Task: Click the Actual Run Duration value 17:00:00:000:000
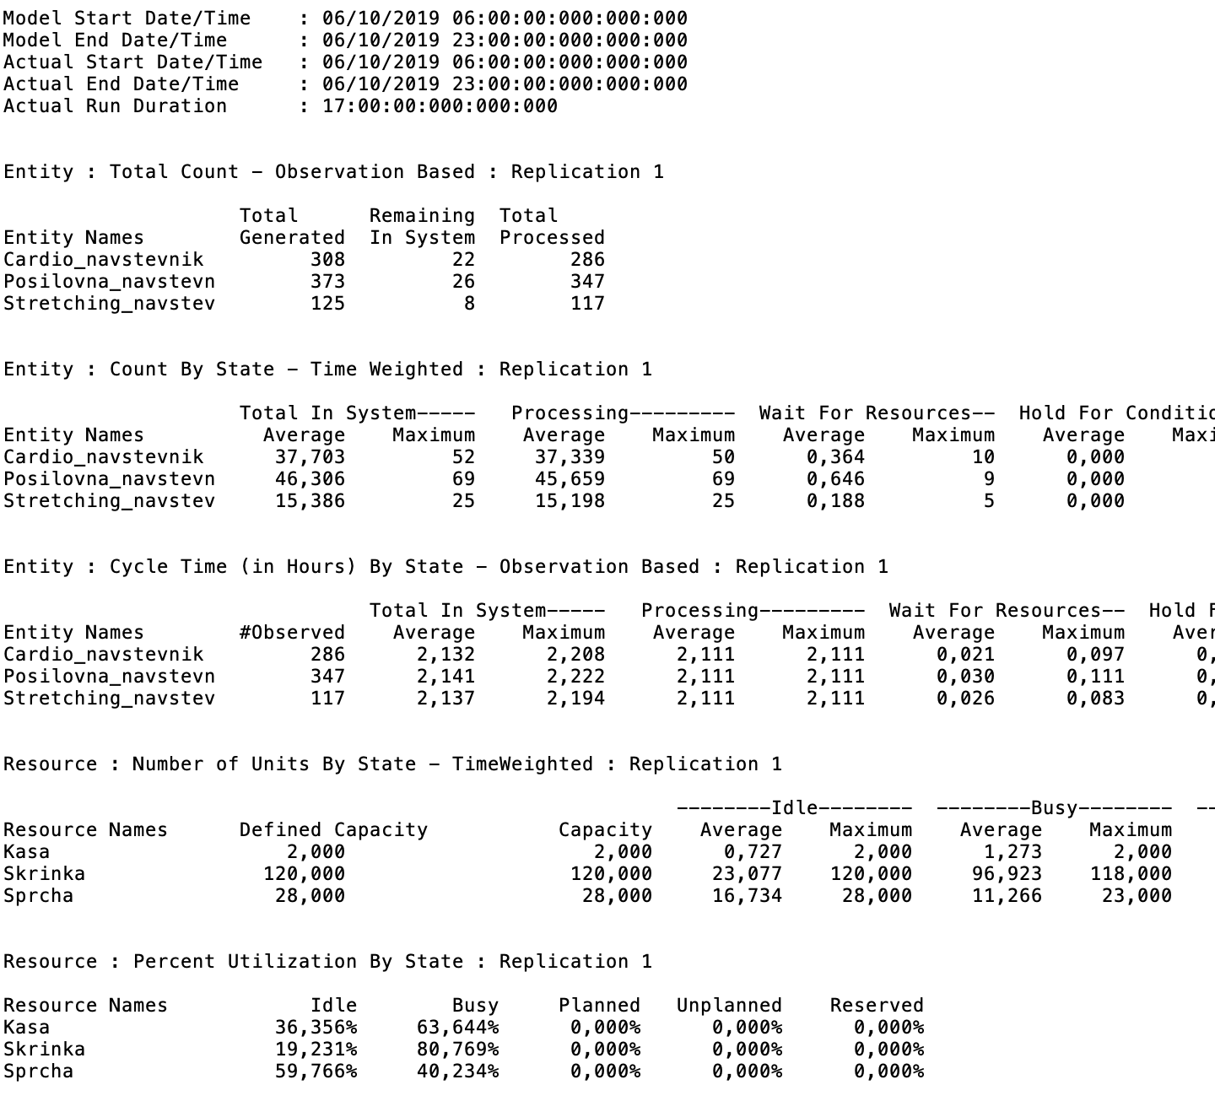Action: [x=440, y=106]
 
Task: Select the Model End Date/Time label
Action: [x=115, y=40]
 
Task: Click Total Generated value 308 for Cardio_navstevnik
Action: [x=327, y=260]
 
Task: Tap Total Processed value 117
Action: [x=587, y=304]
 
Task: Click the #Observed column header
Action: [x=292, y=633]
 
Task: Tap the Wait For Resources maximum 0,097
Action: [x=1095, y=655]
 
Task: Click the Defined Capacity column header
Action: [x=333, y=830]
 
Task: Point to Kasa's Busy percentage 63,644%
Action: [x=457, y=1028]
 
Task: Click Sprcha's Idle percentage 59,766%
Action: [x=316, y=1072]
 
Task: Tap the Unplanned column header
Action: [x=729, y=1006]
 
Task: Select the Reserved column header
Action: [x=877, y=1006]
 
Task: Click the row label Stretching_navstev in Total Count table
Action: [x=109, y=304]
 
